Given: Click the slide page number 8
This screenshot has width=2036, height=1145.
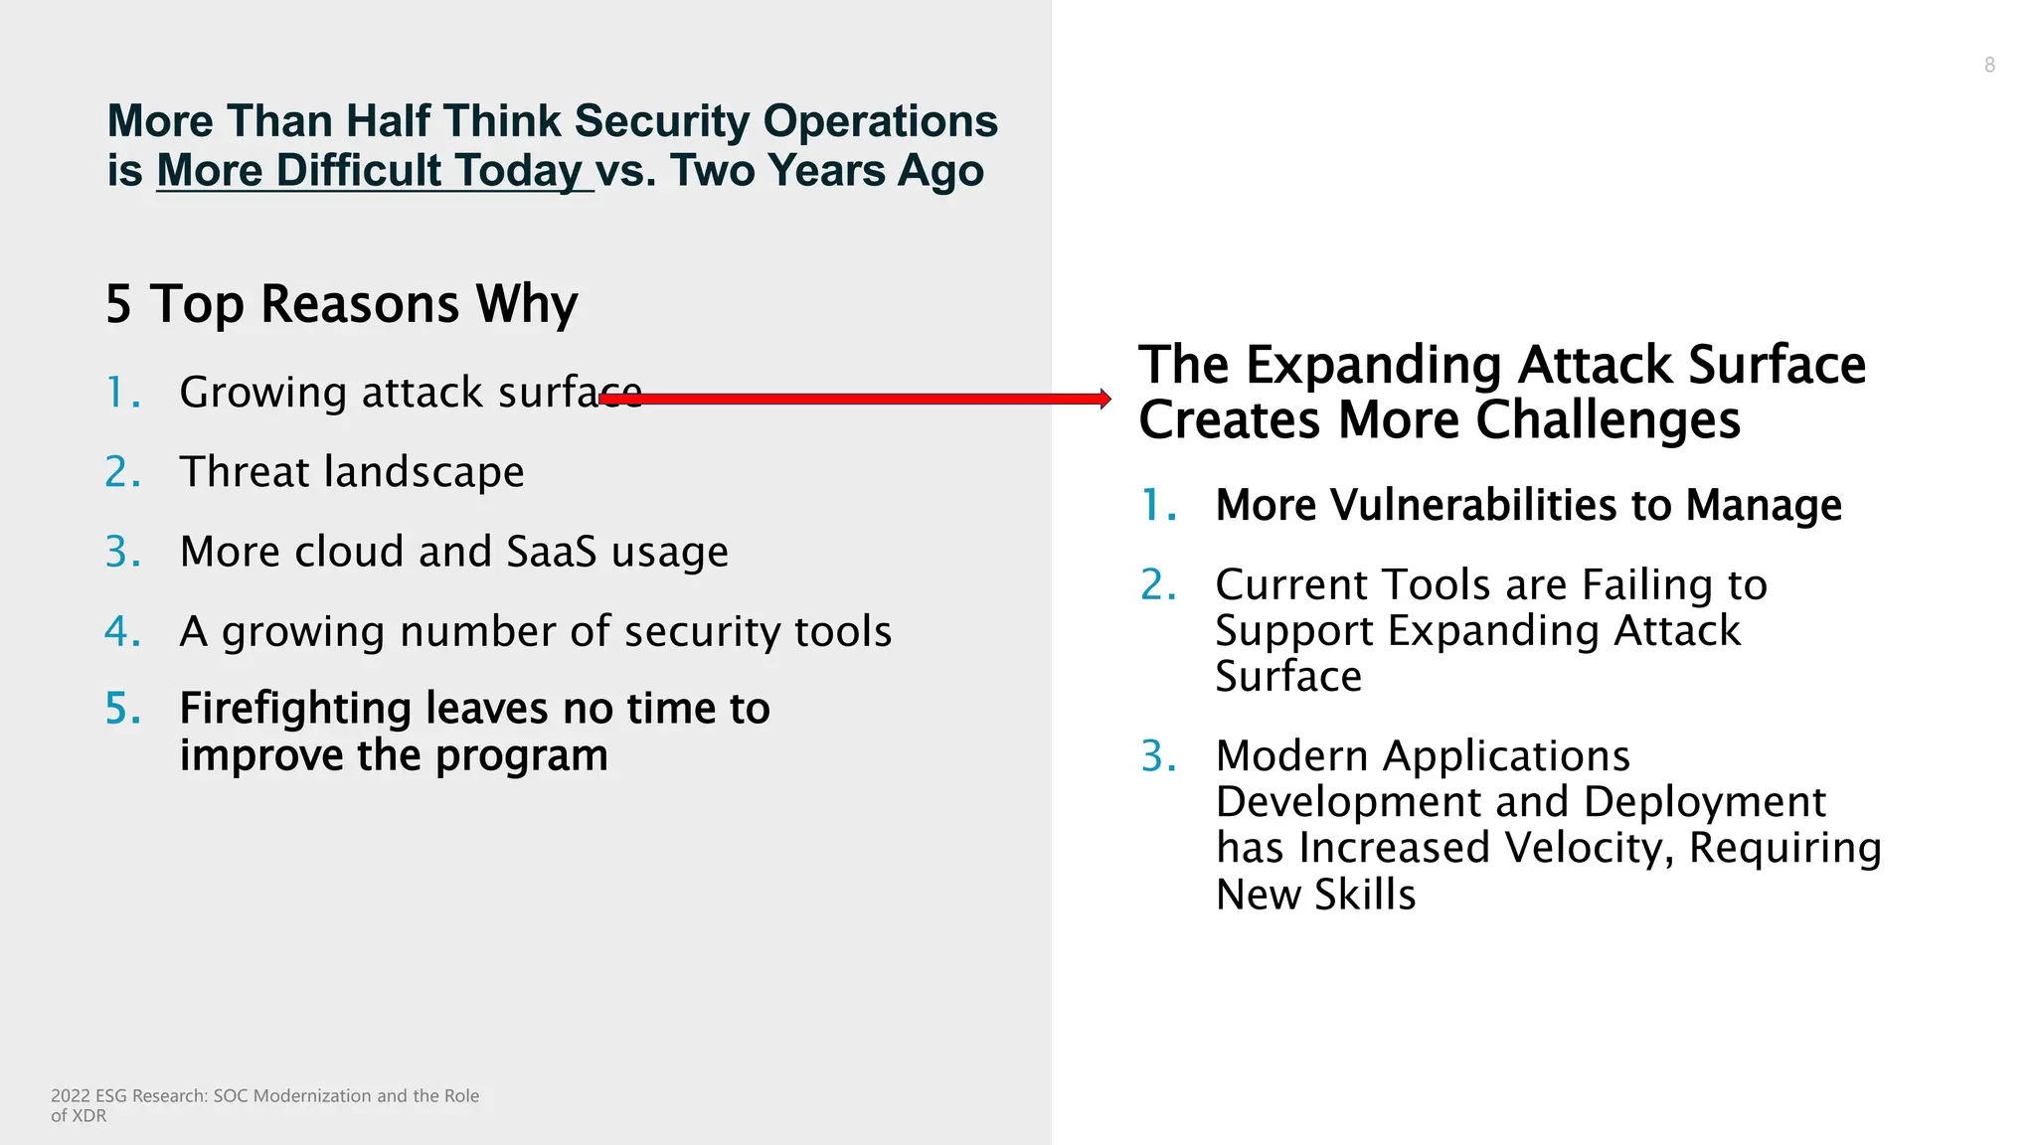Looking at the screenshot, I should tap(1988, 66).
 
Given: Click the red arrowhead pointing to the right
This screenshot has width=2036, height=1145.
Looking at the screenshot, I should tap(1104, 399).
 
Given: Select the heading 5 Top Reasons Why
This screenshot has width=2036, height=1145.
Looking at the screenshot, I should tap(341, 304).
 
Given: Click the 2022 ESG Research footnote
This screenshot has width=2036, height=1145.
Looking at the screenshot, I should tap(264, 1104).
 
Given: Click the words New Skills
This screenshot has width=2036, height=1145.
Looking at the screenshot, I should tap(1315, 895).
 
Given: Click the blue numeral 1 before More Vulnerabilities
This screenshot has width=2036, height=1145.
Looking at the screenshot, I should tap(1154, 505).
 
